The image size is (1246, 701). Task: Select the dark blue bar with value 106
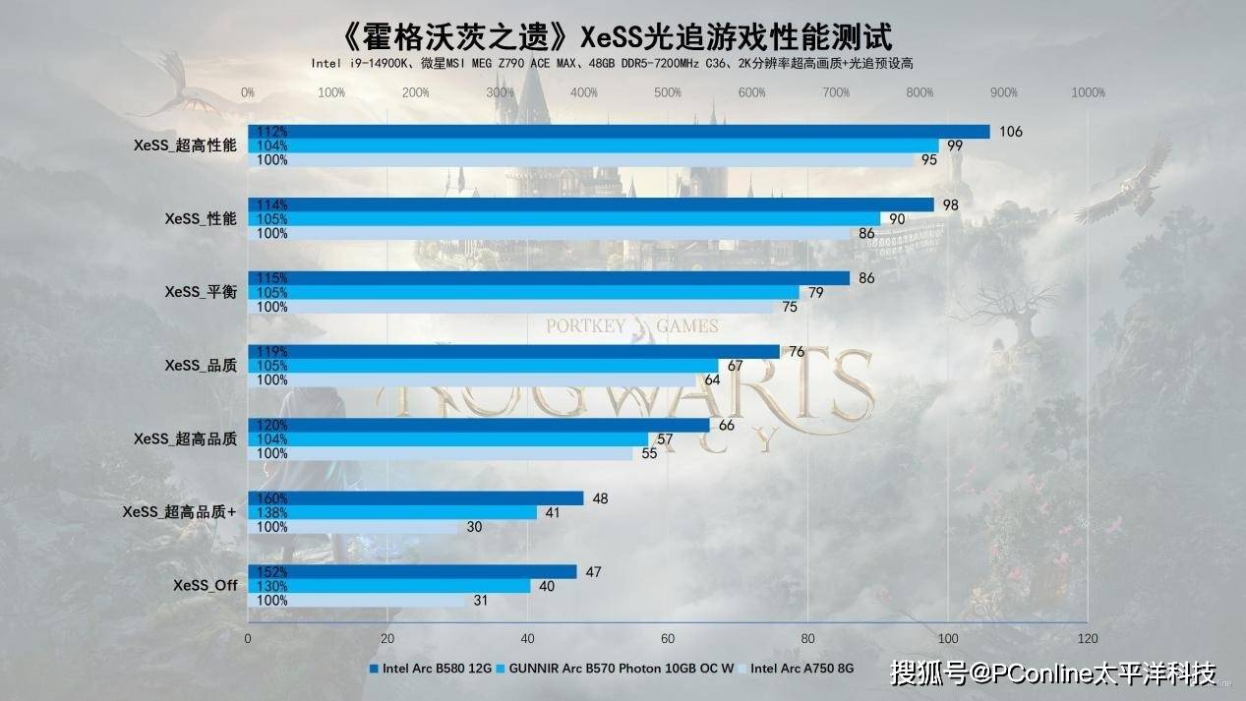(620, 132)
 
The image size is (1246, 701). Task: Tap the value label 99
(955, 146)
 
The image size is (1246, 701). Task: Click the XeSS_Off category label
(205, 585)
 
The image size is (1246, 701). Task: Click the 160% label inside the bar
(270, 498)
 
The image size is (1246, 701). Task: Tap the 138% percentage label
(270, 512)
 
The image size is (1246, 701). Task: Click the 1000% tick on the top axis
(1088, 92)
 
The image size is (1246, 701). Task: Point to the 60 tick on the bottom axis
(668, 638)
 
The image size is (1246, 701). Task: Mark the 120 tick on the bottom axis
(1088, 638)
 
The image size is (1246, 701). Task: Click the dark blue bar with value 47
(413, 571)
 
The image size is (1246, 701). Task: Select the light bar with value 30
(354, 527)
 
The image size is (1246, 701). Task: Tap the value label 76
(797, 352)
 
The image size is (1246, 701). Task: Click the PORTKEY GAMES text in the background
(633, 326)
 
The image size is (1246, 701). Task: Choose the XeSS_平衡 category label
(201, 292)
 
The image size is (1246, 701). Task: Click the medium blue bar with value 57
(448, 438)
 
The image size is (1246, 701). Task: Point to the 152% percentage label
(270, 572)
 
